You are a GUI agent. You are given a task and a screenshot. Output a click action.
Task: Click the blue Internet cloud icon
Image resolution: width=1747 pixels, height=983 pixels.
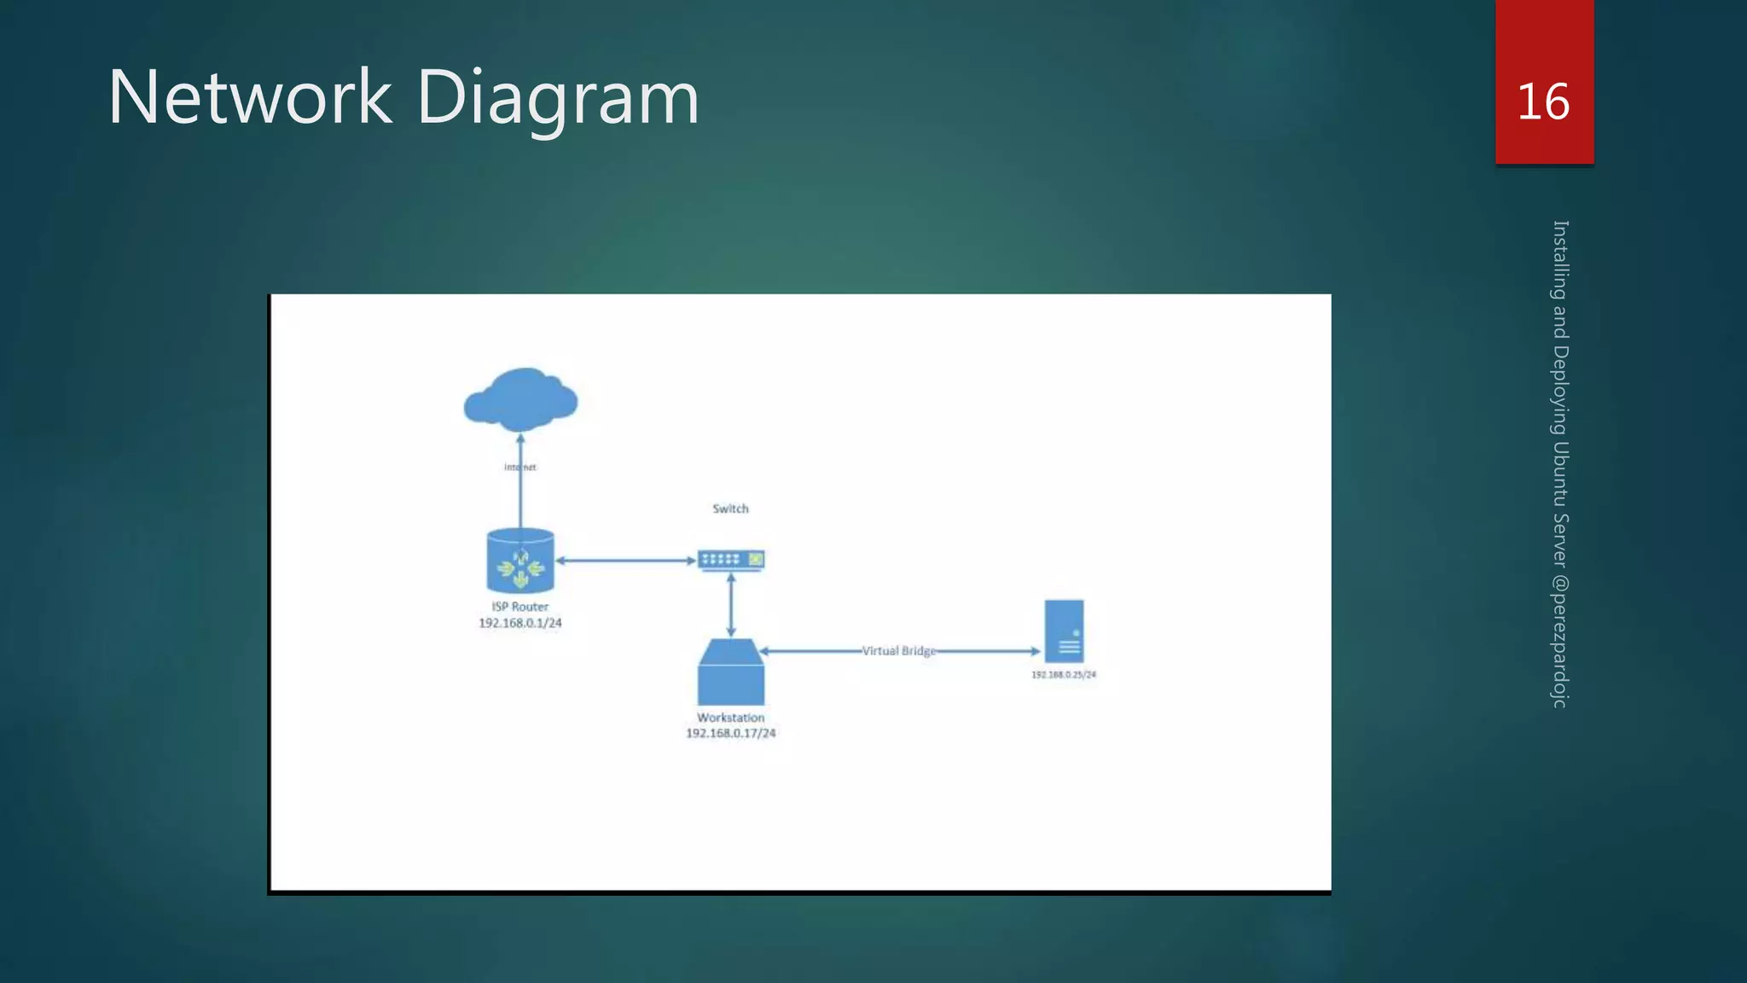tap(520, 399)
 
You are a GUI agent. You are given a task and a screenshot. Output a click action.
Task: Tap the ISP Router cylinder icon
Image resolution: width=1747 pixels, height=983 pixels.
tap(520, 561)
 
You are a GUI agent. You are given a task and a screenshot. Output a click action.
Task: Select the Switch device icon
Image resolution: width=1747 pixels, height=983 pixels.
tap(731, 560)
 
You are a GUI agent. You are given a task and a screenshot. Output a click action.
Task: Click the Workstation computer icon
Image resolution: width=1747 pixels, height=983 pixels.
tap(731, 672)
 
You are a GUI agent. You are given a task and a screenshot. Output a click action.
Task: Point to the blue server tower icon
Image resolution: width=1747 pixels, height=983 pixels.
tap(1064, 631)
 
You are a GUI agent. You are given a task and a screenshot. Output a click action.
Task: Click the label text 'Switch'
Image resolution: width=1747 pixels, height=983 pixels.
tap(730, 509)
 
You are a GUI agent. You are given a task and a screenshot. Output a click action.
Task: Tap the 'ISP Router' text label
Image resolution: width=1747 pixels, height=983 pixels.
tap(519, 607)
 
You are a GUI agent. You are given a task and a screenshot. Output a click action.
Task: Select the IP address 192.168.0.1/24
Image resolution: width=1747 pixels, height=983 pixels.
tap(519, 623)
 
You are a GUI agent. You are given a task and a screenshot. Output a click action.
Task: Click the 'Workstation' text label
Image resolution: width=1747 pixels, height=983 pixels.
tap(730, 718)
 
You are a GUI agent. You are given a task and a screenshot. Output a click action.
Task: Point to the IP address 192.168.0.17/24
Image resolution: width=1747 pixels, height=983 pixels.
tap(730, 733)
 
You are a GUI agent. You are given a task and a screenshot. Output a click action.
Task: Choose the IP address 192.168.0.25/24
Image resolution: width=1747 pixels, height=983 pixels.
tap(1063, 675)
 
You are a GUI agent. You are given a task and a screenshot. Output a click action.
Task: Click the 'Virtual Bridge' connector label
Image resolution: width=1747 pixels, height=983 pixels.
tap(898, 651)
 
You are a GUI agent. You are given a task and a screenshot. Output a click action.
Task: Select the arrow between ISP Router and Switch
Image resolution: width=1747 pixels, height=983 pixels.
tap(625, 561)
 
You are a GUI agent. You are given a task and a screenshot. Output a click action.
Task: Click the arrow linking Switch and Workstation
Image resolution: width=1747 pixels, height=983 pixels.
tap(731, 604)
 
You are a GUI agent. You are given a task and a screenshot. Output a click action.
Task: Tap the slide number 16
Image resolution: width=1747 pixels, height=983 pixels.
tap(1543, 102)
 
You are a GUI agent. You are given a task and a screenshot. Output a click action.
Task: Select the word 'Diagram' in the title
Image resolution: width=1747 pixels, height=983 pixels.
tap(558, 97)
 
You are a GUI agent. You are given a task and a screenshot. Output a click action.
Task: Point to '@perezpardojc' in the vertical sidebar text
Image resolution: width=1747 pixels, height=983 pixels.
tap(1559, 640)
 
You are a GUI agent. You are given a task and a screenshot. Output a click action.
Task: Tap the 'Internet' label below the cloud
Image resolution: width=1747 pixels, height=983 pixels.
tap(519, 467)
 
